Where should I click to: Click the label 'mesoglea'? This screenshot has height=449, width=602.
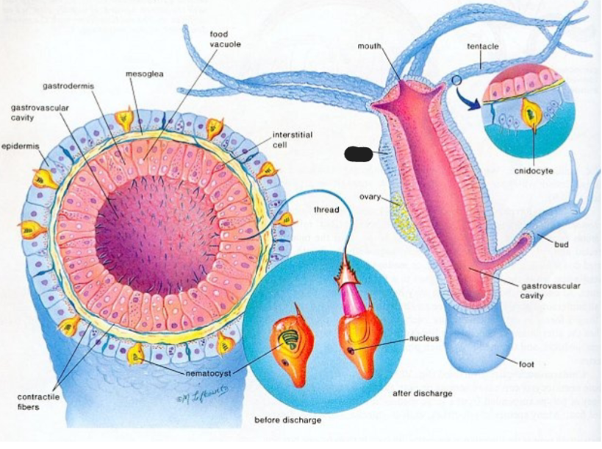pos(144,74)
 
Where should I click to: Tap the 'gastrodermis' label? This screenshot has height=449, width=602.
pos(68,86)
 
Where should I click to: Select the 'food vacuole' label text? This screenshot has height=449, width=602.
pos(225,40)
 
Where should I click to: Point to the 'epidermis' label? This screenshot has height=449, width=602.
pos(20,146)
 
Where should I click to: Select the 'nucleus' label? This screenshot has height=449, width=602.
pos(424,339)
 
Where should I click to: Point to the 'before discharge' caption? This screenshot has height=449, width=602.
pos(287,420)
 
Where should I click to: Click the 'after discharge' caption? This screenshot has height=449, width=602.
pos(423,394)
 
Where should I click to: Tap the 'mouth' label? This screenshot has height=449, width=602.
pos(369,46)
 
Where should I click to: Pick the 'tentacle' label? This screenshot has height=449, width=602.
pos(483,46)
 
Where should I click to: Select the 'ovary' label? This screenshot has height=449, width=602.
pos(370,197)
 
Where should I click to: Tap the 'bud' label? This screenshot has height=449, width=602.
pos(561,244)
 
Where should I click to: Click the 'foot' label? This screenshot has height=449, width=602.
pos(526,364)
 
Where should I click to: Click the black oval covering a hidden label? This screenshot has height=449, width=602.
pos(358,154)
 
